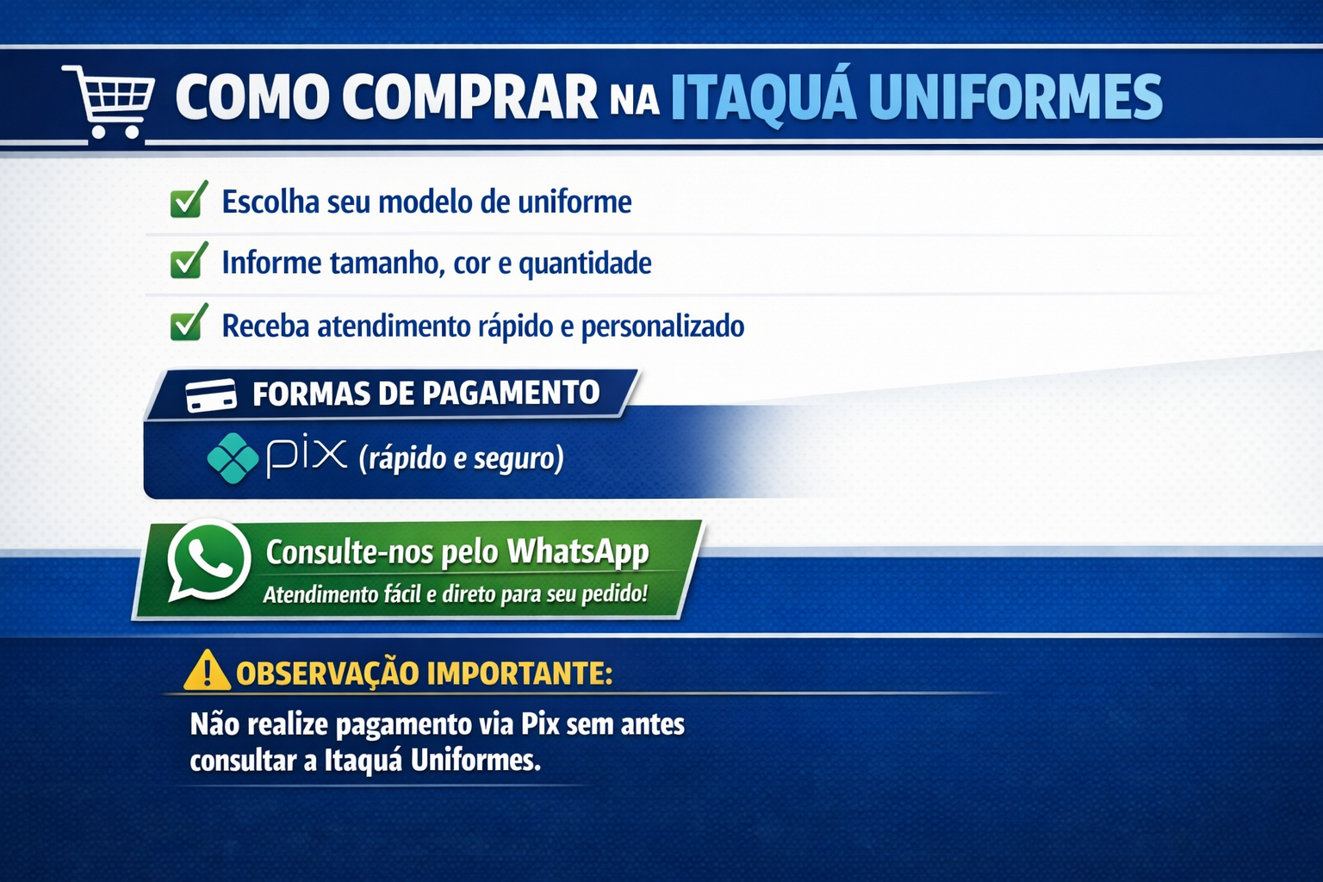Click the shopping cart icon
coord(109,102)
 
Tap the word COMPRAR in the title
coord(470,96)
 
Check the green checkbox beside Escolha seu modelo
coord(189,200)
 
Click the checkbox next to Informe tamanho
coord(189,260)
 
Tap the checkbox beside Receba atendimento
coord(189,322)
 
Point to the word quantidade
coord(586,264)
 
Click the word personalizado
coord(662,326)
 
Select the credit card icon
coord(211,395)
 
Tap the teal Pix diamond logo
coord(233,458)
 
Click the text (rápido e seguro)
coord(462,459)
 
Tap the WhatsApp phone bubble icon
coord(208,561)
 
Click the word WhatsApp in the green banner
coord(578,552)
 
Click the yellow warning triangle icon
coord(207,670)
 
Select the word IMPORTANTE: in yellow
coord(519,674)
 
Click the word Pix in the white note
coord(540,724)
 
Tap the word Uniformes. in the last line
coord(475,761)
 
